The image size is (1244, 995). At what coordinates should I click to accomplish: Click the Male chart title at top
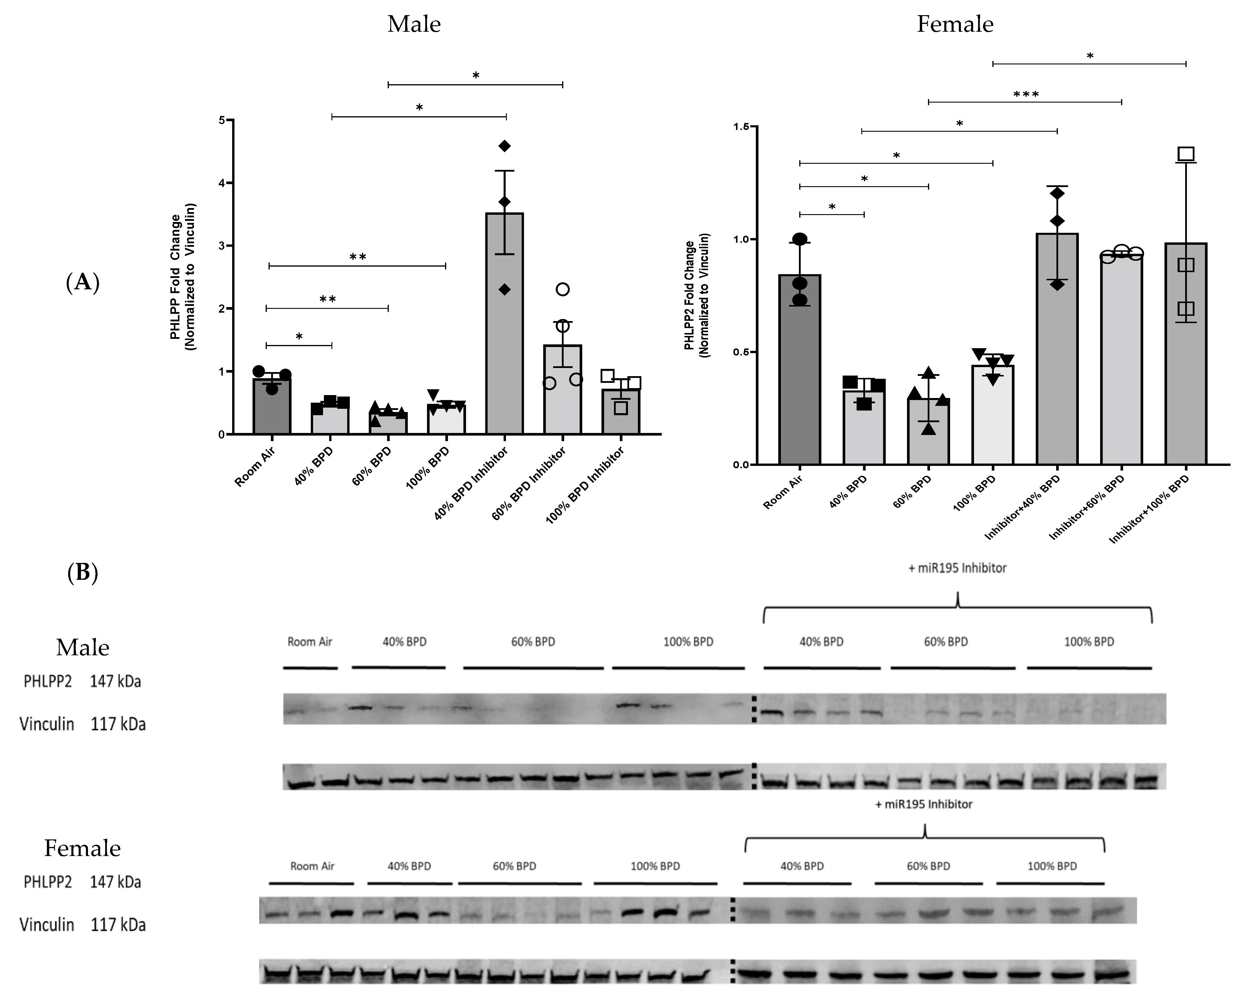(x=414, y=24)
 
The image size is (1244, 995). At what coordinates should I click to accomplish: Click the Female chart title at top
(x=955, y=24)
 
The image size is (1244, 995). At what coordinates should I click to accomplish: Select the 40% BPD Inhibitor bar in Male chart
(x=504, y=323)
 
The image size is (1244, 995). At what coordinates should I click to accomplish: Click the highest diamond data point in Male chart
(x=504, y=146)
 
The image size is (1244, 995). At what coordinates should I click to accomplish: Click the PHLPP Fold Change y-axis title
(x=182, y=277)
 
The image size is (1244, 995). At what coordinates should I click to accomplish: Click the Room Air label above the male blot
(x=310, y=642)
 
